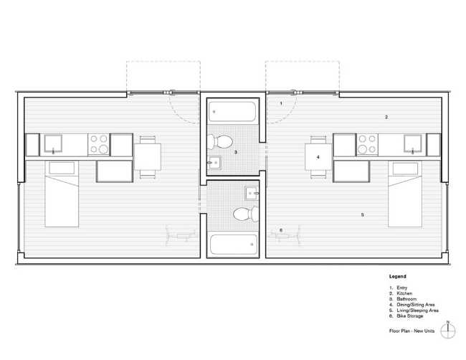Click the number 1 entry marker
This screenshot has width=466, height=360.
(x=281, y=103)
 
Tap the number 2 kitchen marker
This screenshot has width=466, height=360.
(x=386, y=117)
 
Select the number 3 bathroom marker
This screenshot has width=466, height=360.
(x=236, y=152)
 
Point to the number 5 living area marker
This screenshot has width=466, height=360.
(x=362, y=214)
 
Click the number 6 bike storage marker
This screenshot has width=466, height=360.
(x=281, y=230)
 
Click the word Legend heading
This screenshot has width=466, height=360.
(x=398, y=277)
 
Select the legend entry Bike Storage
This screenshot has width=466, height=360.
(x=410, y=316)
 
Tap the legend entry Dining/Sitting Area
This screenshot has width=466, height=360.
(x=416, y=305)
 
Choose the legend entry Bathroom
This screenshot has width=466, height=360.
(x=406, y=299)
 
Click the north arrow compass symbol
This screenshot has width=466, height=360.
(x=447, y=330)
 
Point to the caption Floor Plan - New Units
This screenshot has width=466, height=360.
(x=412, y=331)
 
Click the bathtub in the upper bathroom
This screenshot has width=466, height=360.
(x=232, y=111)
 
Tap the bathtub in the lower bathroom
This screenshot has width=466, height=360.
(x=234, y=245)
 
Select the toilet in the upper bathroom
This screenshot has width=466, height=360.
(x=220, y=142)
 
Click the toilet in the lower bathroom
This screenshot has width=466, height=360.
(x=246, y=214)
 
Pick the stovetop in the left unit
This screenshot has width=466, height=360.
(x=99, y=144)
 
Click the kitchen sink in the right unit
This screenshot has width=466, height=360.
(x=412, y=144)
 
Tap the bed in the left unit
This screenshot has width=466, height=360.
(x=62, y=194)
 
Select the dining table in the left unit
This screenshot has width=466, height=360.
(x=148, y=157)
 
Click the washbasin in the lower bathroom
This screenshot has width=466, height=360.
(x=252, y=194)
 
